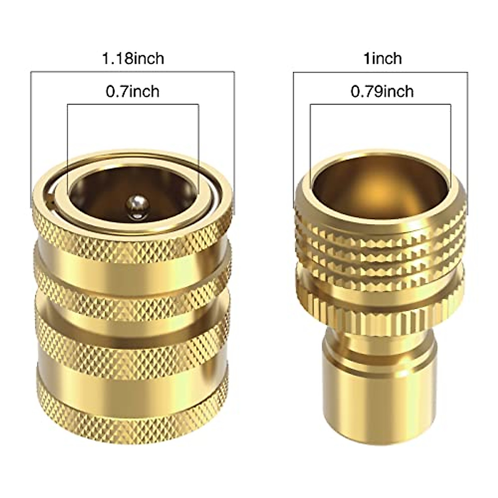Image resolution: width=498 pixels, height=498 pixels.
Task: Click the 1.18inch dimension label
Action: (x=133, y=58)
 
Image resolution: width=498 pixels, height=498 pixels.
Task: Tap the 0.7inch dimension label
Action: (x=133, y=91)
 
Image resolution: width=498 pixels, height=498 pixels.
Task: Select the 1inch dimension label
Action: (x=383, y=58)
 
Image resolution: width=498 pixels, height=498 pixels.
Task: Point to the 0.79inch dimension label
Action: (x=382, y=91)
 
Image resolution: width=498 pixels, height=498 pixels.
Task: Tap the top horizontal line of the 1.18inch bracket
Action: (x=133, y=72)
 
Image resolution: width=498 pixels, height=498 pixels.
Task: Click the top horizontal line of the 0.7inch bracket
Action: (x=133, y=105)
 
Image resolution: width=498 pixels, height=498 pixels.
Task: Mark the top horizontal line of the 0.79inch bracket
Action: (x=380, y=104)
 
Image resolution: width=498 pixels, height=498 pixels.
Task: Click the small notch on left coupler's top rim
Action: (x=51, y=202)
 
